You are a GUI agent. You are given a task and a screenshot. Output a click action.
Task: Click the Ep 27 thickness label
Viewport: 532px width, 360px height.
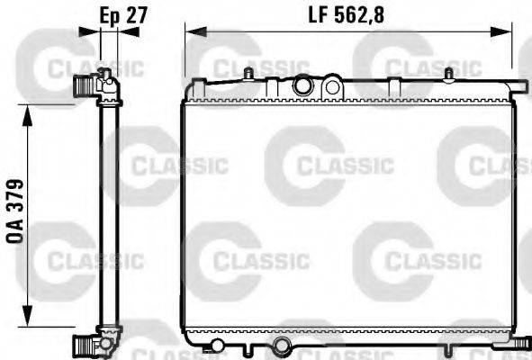click(x=123, y=15)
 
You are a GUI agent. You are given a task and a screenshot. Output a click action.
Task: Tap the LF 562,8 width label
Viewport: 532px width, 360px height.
click(x=346, y=15)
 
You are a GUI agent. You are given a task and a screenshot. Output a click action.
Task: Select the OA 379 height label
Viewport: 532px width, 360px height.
click(x=15, y=211)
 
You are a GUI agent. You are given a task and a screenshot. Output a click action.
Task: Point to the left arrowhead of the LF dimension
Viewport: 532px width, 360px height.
click(x=196, y=31)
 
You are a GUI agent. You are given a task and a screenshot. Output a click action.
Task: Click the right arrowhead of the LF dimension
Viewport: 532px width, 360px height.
click(x=501, y=31)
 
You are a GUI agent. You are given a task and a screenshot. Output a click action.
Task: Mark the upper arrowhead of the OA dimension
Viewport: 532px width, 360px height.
click(x=28, y=116)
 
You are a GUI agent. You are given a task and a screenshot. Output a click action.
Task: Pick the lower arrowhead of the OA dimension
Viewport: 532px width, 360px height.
click(x=28, y=316)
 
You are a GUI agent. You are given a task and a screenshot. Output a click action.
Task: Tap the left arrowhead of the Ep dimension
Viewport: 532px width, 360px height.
click(x=90, y=31)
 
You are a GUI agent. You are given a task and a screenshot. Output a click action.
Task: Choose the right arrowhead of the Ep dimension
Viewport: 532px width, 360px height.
click(x=128, y=31)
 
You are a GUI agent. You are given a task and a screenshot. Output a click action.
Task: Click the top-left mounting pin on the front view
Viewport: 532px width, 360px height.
click(x=248, y=74)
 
